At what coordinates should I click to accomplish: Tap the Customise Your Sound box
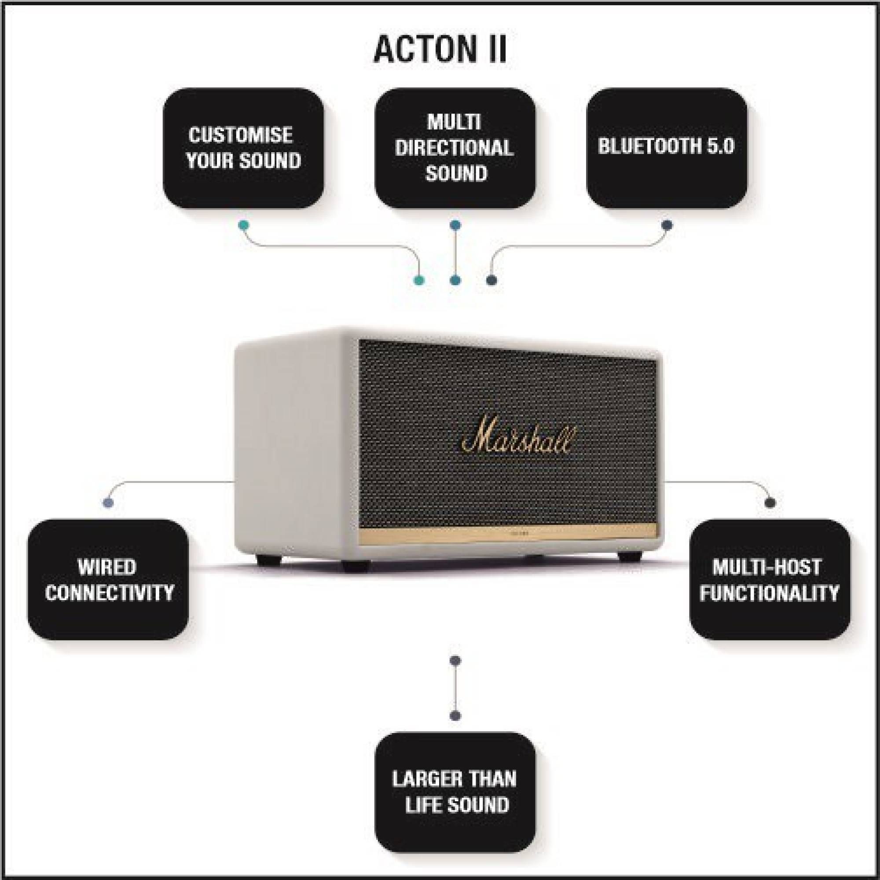244,148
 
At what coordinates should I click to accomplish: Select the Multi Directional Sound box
455,148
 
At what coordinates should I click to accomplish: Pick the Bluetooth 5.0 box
666,148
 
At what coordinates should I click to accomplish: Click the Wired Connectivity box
108,579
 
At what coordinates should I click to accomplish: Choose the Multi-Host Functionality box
770,579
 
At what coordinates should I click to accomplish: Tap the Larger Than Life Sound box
455,792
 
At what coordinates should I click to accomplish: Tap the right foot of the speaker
631,556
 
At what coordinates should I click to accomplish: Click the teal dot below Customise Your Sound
244,225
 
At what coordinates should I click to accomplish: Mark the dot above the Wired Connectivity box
108,503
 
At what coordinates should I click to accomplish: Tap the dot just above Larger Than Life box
455,716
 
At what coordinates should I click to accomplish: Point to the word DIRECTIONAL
455,148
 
